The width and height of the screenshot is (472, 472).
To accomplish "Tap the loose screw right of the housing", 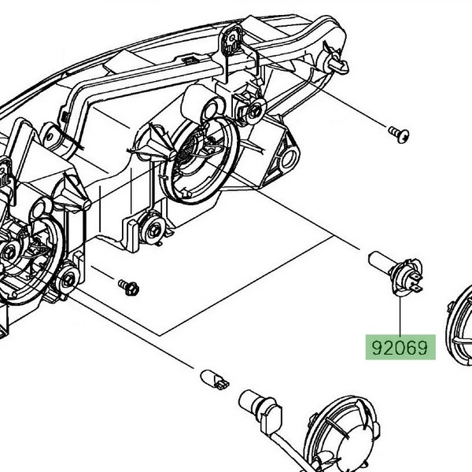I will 398,135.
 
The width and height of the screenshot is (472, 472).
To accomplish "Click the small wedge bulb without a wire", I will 215,378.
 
